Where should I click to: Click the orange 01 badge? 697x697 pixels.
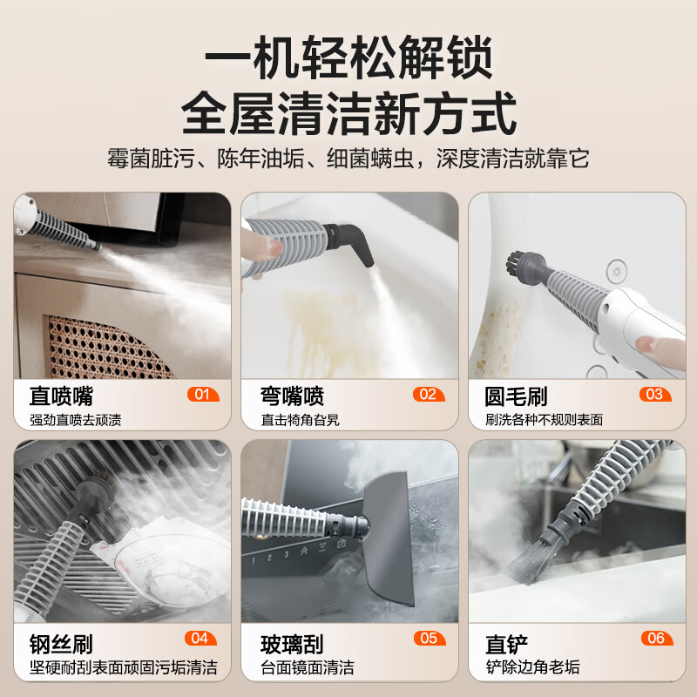pos(202,395)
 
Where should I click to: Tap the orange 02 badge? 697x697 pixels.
pos(427,395)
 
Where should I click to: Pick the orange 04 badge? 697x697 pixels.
pos(199,639)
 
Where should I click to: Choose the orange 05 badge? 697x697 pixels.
pos(428,639)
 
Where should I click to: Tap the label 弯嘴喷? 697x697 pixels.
pos(293,396)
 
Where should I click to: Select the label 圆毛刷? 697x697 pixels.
pos(516,396)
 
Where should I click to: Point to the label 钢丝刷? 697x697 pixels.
pos(58,644)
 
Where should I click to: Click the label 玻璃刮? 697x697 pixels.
pos(293,644)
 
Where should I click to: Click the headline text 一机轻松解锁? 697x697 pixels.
pos(348,59)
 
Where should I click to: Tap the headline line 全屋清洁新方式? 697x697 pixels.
pos(348,114)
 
